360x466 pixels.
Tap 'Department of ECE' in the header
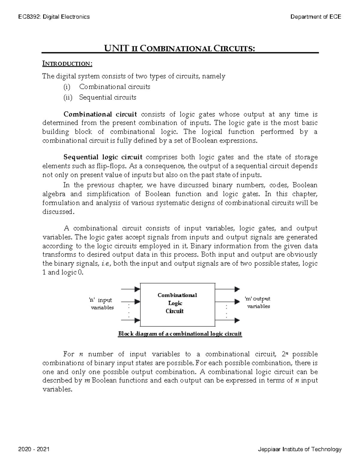click(316, 17)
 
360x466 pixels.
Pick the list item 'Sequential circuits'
click(107, 98)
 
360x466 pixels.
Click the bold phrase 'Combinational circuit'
click(100, 114)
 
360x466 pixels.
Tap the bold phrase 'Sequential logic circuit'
click(103, 157)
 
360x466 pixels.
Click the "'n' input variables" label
click(101, 304)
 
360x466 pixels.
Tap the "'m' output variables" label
click(258, 302)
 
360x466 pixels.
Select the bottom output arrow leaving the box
click(227, 320)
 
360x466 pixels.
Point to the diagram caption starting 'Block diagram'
click(180, 334)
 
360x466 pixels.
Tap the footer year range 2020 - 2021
click(34, 449)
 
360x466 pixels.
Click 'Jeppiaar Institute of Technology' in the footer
click(300, 449)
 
